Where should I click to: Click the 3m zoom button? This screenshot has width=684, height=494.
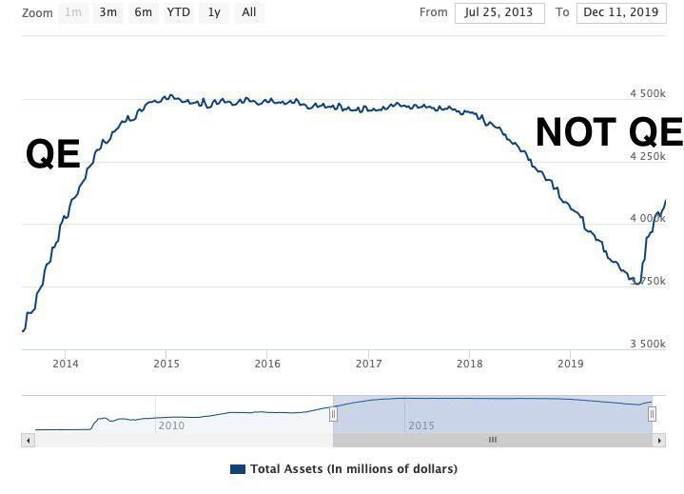[x=107, y=12]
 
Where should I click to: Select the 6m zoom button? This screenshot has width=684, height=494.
[x=143, y=12]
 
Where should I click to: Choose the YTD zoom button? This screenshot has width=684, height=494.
[x=178, y=12]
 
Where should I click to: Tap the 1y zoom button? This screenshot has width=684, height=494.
[x=214, y=12]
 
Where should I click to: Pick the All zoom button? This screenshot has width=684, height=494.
[x=248, y=12]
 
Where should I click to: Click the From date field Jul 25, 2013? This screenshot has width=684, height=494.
[x=499, y=12]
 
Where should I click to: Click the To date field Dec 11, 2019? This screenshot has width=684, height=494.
[x=621, y=12]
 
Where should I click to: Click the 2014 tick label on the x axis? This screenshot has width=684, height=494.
[x=66, y=364]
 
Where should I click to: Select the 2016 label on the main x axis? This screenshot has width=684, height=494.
[x=267, y=364]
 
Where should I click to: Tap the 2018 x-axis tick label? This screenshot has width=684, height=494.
[x=469, y=364]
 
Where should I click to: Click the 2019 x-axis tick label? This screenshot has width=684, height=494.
[x=570, y=364]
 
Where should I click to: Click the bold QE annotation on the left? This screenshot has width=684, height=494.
[x=53, y=153]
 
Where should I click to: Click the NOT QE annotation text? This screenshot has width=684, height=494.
[x=609, y=132]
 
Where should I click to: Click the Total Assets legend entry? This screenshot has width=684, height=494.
[x=343, y=469]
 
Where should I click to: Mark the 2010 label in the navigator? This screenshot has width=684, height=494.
[x=171, y=425]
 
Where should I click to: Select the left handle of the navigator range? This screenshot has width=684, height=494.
[x=333, y=414]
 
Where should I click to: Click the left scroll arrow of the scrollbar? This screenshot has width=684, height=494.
[x=28, y=440]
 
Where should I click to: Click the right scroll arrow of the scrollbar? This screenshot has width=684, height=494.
[x=658, y=440]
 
